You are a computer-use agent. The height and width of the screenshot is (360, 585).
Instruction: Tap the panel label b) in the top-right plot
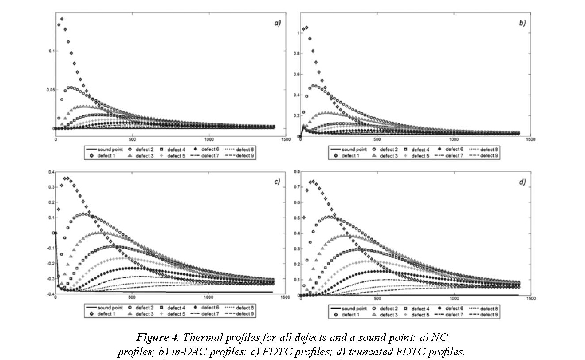click(x=522, y=22)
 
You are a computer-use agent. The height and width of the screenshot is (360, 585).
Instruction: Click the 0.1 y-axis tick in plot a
click(x=51, y=51)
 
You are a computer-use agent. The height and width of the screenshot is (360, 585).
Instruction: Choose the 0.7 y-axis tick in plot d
click(x=296, y=187)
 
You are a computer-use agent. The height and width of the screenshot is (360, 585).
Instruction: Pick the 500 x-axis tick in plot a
click(x=132, y=139)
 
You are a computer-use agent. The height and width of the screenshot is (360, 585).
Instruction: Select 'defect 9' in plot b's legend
click(x=490, y=155)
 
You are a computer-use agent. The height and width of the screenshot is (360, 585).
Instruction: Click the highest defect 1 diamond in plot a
click(x=62, y=19)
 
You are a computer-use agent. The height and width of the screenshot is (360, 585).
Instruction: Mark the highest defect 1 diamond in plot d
click(x=313, y=182)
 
